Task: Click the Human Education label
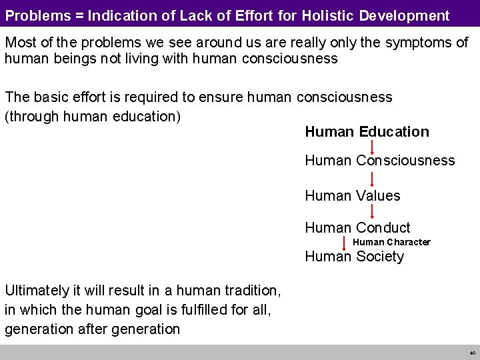[x=367, y=132]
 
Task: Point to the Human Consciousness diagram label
[x=379, y=161]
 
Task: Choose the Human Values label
[x=352, y=196]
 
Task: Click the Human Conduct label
[x=357, y=228]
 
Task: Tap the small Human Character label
[x=391, y=242]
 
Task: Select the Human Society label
[x=354, y=257]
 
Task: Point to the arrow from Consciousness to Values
[x=371, y=179]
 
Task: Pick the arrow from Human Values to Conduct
[x=371, y=212]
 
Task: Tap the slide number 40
[x=471, y=352]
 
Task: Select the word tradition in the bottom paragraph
[x=249, y=291]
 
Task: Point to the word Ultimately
[x=37, y=291]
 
